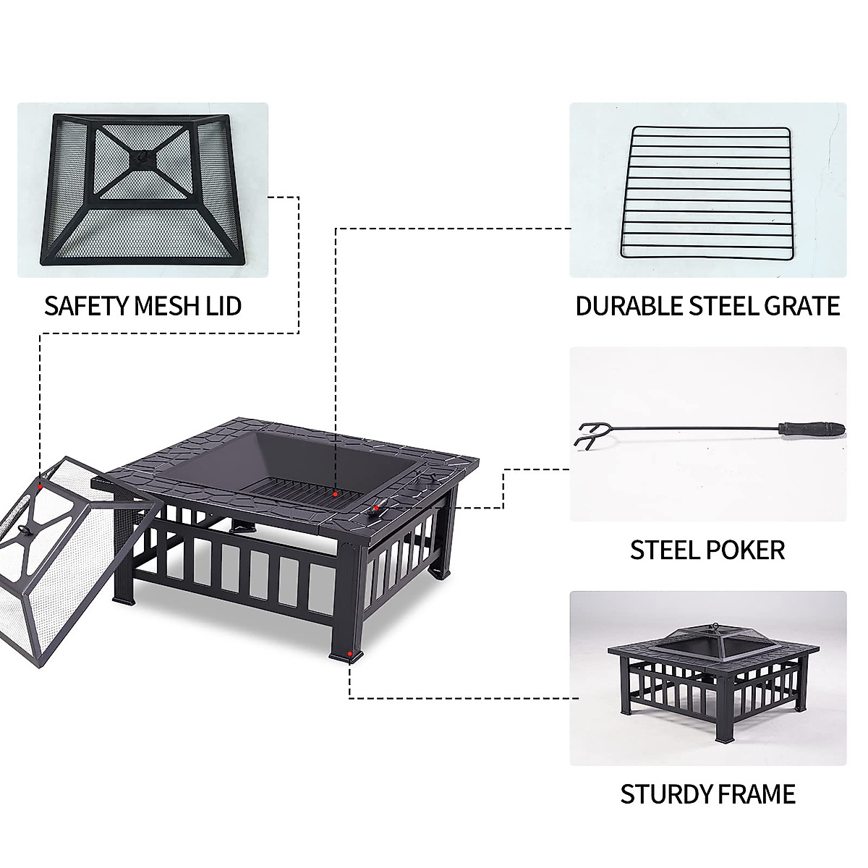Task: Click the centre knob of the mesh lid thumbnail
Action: [142, 155]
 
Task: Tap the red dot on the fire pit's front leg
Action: [350, 653]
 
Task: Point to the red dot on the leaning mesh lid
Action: [42, 485]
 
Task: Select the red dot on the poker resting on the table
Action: [375, 509]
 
